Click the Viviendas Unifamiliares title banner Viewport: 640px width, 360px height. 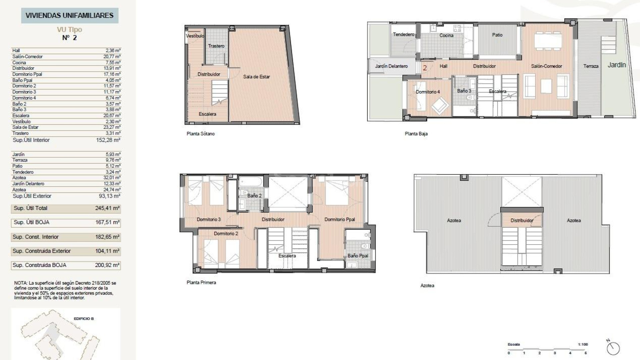(69, 15)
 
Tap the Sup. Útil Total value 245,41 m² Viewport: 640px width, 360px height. (107, 208)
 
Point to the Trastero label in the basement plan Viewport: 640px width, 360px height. (216, 46)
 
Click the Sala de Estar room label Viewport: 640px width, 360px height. (256, 77)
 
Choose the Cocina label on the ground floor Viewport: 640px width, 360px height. (446, 35)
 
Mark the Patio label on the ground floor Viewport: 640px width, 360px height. (497, 35)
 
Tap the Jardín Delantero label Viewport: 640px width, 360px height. (391, 66)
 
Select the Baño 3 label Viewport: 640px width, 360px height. (464, 91)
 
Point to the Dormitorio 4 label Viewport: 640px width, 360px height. (428, 92)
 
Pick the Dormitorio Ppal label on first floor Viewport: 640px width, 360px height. (339, 219)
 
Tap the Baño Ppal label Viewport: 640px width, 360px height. (358, 256)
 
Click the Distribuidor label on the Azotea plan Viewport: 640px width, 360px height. (522, 220)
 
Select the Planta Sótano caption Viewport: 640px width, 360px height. (200, 134)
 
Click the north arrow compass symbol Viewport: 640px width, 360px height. (613, 348)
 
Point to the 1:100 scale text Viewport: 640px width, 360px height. (583, 344)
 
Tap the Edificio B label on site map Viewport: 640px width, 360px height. (84, 319)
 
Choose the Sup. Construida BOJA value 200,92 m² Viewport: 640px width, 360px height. (107, 265)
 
